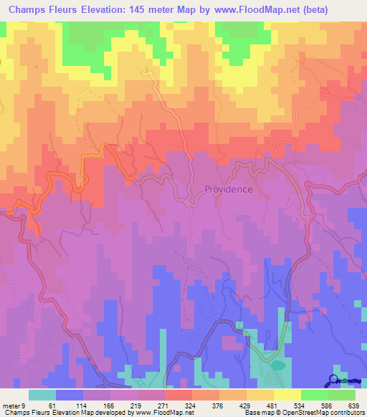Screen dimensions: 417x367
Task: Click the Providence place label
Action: click(x=228, y=189)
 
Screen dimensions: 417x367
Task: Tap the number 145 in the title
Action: click(x=153, y=10)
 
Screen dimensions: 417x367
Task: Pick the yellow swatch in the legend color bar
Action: click(x=287, y=396)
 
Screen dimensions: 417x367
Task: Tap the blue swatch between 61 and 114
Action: click(x=70, y=396)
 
